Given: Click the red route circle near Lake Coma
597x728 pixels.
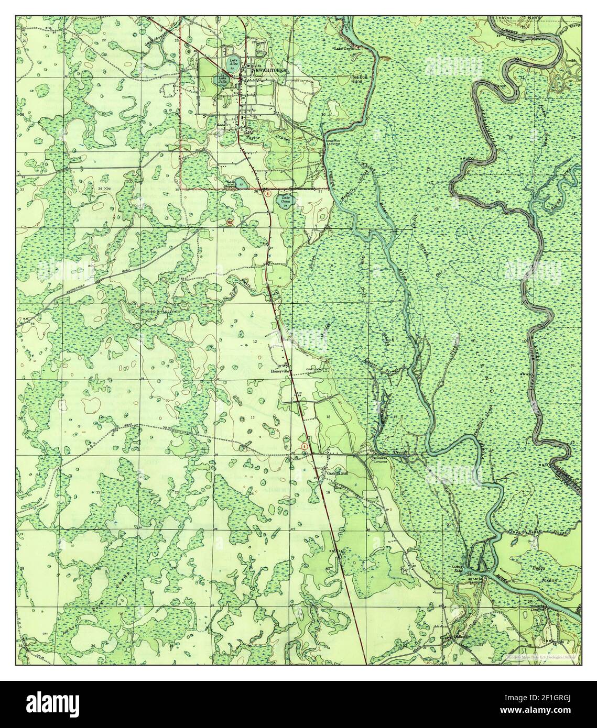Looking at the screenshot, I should tap(268, 194).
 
